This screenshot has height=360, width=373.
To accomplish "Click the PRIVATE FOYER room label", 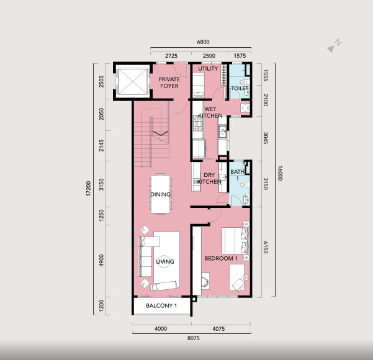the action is pyautogui.click(x=169, y=83).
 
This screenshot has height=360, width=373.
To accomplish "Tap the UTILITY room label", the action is pyautogui.click(x=208, y=68).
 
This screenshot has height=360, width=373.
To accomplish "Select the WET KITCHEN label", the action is pyautogui.click(x=210, y=112).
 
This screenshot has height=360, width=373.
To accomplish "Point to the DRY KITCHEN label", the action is pyautogui.click(x=209, y=178).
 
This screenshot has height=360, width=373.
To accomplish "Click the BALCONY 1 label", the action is pyautogui.click(x=161, y=305).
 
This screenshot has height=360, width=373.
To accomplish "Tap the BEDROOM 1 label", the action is pyautogui.click(x=221, y=258).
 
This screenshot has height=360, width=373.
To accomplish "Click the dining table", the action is pyautogui.click(x=161, y=194).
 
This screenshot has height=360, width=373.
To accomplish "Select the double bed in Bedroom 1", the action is pyautogui.click(x=235, y=241).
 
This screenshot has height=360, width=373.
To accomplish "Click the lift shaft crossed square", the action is pyautogui.click(x=133, y=81).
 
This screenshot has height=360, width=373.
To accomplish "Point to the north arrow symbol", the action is pyautogui.click(x=334, y=46).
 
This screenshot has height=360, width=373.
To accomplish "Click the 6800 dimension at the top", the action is pyautogui.click(x=203, y=42).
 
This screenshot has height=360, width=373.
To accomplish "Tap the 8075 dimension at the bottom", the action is pyautogui.click(x=194, y=338).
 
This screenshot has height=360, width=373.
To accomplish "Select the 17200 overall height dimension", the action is pyautogui.click(x=89, y=189).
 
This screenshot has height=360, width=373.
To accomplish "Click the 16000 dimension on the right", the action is pyautogui.click(x=280, y=173).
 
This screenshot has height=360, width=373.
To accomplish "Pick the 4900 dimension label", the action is pyautogui.click(x=102, y=261).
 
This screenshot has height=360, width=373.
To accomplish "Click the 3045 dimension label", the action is pyautogui.click(x=266, y=138).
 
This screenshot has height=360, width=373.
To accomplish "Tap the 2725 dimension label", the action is pyautogui.click(x=171, y=56).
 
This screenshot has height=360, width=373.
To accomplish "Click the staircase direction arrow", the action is pyautogui.click(x=161, y=133).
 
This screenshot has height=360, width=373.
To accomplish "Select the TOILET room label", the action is pyautogui.click(x=240, y=88).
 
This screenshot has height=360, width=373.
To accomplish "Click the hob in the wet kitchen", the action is pyautogui.click(x=198, y=124).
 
